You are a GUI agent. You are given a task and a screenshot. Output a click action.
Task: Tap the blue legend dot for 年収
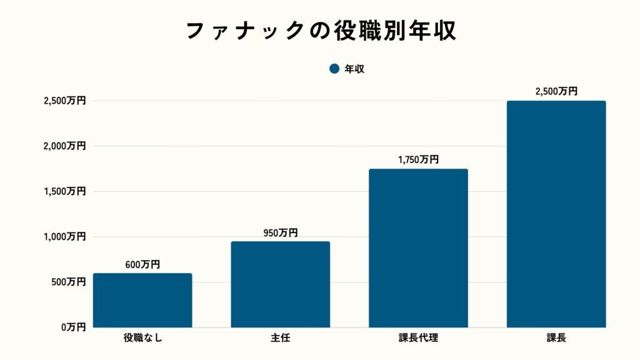[x=334, y=69]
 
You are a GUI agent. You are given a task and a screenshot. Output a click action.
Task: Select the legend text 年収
[x=354, y=69]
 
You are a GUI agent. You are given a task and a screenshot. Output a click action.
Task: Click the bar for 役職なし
[x=142, y=301]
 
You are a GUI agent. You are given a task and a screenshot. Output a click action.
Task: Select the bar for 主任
[x=281, y=284]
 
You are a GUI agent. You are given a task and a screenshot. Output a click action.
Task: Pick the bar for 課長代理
[x=418, y=248]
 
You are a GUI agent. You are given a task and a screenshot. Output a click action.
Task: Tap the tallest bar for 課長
[x=556, y=214]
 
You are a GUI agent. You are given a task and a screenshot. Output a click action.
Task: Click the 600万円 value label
[x=142, y=264]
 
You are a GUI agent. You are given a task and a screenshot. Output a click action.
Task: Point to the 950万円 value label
[x=281, y=232]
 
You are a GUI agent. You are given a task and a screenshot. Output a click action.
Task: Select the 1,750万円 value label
[x=418, y=160]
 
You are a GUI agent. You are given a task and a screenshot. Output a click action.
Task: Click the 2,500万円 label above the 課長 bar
[x=556, y=91]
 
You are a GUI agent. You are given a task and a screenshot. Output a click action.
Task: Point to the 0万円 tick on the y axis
[x=72, y=327]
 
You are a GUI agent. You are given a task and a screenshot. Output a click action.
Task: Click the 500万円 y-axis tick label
[x=67, y=282]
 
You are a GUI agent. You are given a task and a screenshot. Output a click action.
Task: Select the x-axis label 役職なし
[x=142, y=339]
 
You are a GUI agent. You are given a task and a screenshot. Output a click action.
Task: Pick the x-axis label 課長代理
[x=418, y=339]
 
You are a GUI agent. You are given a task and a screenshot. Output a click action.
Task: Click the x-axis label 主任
[x=281, y=339]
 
